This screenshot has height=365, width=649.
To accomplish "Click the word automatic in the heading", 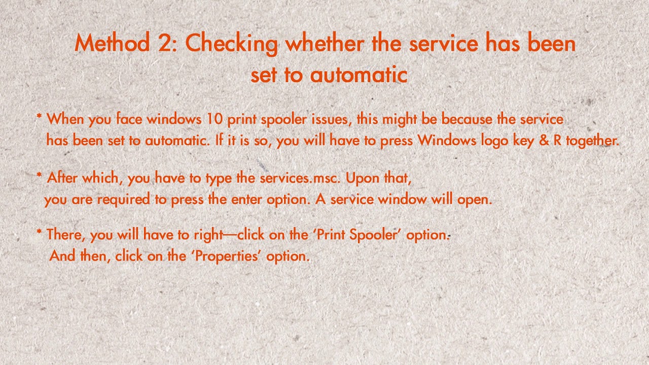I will click(358, 75).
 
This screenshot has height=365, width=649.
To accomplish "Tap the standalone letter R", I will click(557, 140).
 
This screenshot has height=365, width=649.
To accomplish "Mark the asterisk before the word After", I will click(39, 176).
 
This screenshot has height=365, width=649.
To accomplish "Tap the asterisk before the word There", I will click(39, 233).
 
